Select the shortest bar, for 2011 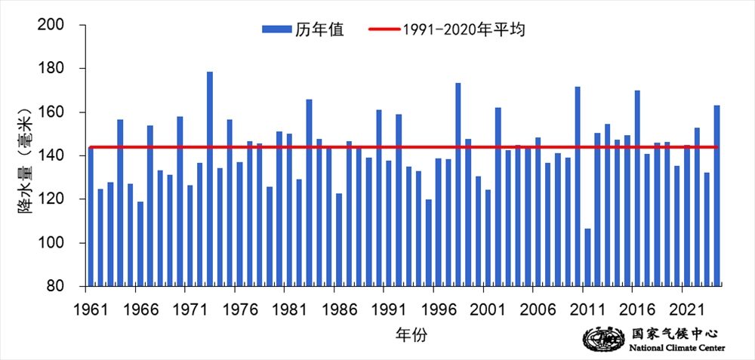[587, 257]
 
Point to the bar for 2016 [637, 188]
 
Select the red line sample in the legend [383, 29]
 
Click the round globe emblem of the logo [600, 339]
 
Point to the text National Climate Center [676, 347]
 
